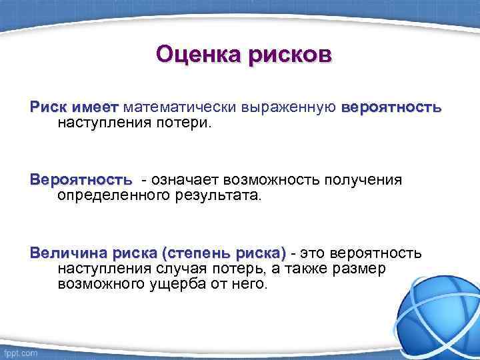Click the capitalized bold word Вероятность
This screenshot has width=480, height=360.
pyautogui.click(x=81, y=180)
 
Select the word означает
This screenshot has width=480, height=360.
pyautogui.click(x=185, y=180)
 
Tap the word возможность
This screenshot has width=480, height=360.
pyautogui.click(x=278, y=180)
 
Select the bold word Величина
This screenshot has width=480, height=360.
pyautogui.click(x=69, y=253)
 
